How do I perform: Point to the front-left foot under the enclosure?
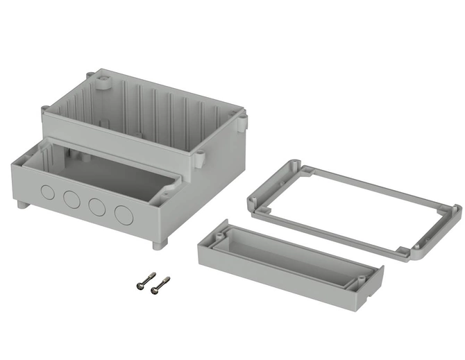pyautogui.click(x=19, y=205)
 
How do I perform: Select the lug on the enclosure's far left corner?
pyautogui.click(x=45, y=110)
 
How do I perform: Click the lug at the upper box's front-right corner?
pyautogui.click(x=199, y=158)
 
